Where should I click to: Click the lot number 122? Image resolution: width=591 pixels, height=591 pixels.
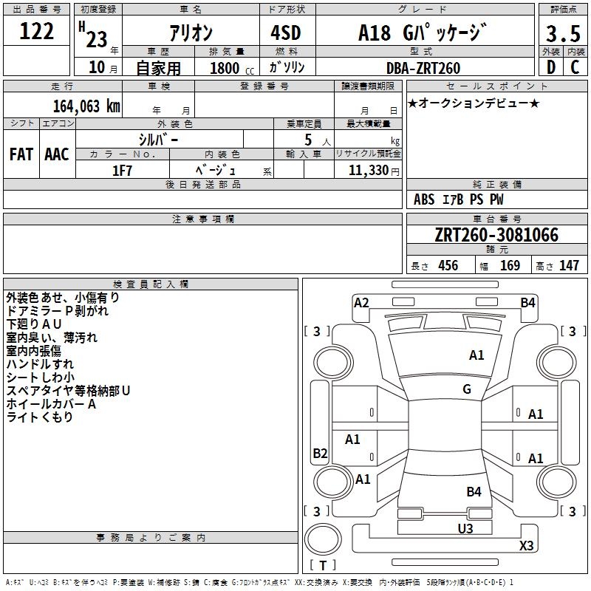click(x=36, y=31)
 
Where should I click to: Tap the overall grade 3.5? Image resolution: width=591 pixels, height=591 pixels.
click(x=563, y=33)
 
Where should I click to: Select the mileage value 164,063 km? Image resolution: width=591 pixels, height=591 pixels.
click(x=86, y=106)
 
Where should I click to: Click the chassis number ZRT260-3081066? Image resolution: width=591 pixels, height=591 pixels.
click(x=496, y=235)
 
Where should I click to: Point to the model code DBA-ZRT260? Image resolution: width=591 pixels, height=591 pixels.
click(x=423, y=68)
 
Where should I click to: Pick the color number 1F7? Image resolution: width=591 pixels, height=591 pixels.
click(x=122, y=171)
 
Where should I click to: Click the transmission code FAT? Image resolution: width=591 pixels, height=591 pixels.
click(x=21, y=154)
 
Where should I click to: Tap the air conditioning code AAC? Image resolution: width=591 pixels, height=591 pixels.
click(x=57, y=154)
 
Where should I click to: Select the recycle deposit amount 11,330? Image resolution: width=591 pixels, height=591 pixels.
click(x=369, y=171)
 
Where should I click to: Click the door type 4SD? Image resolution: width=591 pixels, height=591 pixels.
click(x=286, y=33)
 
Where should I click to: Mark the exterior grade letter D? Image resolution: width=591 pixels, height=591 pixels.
click(x=551, y=67)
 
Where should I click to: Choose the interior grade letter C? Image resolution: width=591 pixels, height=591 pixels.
click(x=575, y=67)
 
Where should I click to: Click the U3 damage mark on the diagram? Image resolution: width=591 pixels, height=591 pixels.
click(x=465, y=528)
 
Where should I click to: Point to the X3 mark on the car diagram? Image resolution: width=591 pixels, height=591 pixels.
click(x=526, y=545)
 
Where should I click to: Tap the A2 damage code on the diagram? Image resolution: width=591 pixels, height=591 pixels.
click(x=361, y=303)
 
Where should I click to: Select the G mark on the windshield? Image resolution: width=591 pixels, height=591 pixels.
click(x=467, y=389)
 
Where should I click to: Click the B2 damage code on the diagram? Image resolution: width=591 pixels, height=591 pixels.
click(x=320, y=453)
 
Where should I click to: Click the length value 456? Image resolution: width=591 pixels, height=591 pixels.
click(x=448, y=266)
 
